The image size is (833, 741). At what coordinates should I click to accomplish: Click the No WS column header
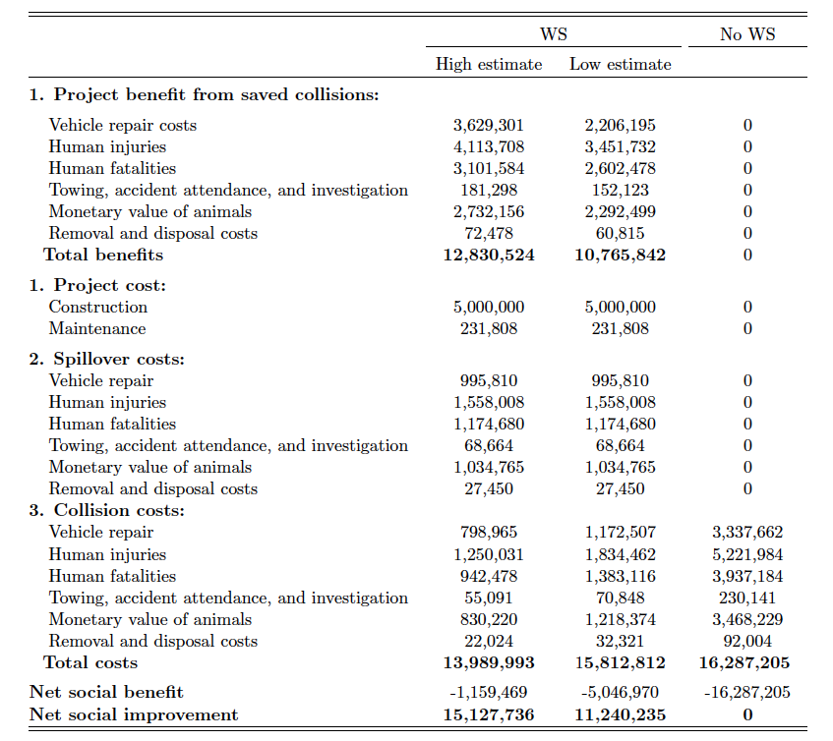(x=746, y=34)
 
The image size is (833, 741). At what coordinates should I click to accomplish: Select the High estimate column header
(x=489, y=64)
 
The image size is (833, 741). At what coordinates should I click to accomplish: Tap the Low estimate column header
(x=620, y=64)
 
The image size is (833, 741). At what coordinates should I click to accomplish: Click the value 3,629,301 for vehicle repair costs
(x=488, y=125)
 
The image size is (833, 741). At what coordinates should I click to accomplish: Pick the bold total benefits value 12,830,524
(x=489, y=256)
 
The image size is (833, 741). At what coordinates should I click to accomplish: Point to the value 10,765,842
(x=620, y=256)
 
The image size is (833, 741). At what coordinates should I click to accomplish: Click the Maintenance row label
(x=97, y=328)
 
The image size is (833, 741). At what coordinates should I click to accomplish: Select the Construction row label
(x=98, y=307)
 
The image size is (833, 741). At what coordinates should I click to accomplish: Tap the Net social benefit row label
(x=106, y=692)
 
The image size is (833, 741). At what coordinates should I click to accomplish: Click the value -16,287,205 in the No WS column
(x=746, y=692)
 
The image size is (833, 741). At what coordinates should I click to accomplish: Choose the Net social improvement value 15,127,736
(x=489, y=715)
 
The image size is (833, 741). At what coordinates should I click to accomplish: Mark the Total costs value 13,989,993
(x=489, y=663)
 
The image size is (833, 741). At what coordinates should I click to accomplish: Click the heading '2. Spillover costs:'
(x=107, y=359)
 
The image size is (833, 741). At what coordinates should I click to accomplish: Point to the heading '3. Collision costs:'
(x=107, y=510)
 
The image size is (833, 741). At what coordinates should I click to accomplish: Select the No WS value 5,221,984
(x=746, y=554)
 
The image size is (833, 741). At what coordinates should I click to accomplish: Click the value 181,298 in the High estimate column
(x=489, y=190)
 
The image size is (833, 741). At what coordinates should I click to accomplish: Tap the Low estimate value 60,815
(x=620, y=234)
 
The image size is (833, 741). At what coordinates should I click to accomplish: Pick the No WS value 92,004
(x=746, y=641)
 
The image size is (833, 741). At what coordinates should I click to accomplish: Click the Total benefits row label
(x=103, y=255)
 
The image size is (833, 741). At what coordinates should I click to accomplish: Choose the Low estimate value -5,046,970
(x=620, y=692)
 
